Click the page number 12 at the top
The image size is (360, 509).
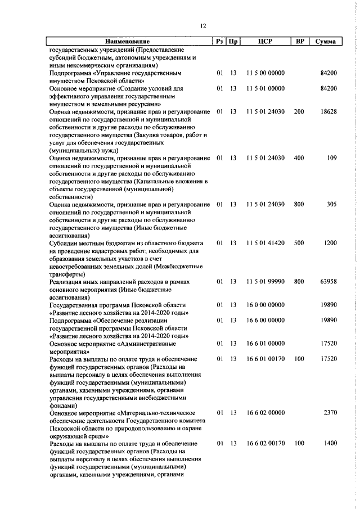click(x=203, y=26)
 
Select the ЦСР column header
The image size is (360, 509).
click(x=265, y=42)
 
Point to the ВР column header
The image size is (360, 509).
click(x=300, y=42)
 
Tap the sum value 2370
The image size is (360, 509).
click(x=330, y=413)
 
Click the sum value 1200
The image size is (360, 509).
click(x=330, y=243)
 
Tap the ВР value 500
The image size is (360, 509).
click(x=299, y=243)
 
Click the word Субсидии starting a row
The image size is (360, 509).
click(x=65, y=243)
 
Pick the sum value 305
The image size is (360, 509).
click(x=331, y=204)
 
